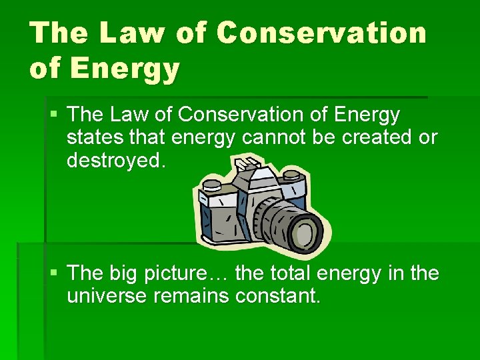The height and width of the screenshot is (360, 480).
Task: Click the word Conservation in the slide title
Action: click(x=321, y=33)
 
